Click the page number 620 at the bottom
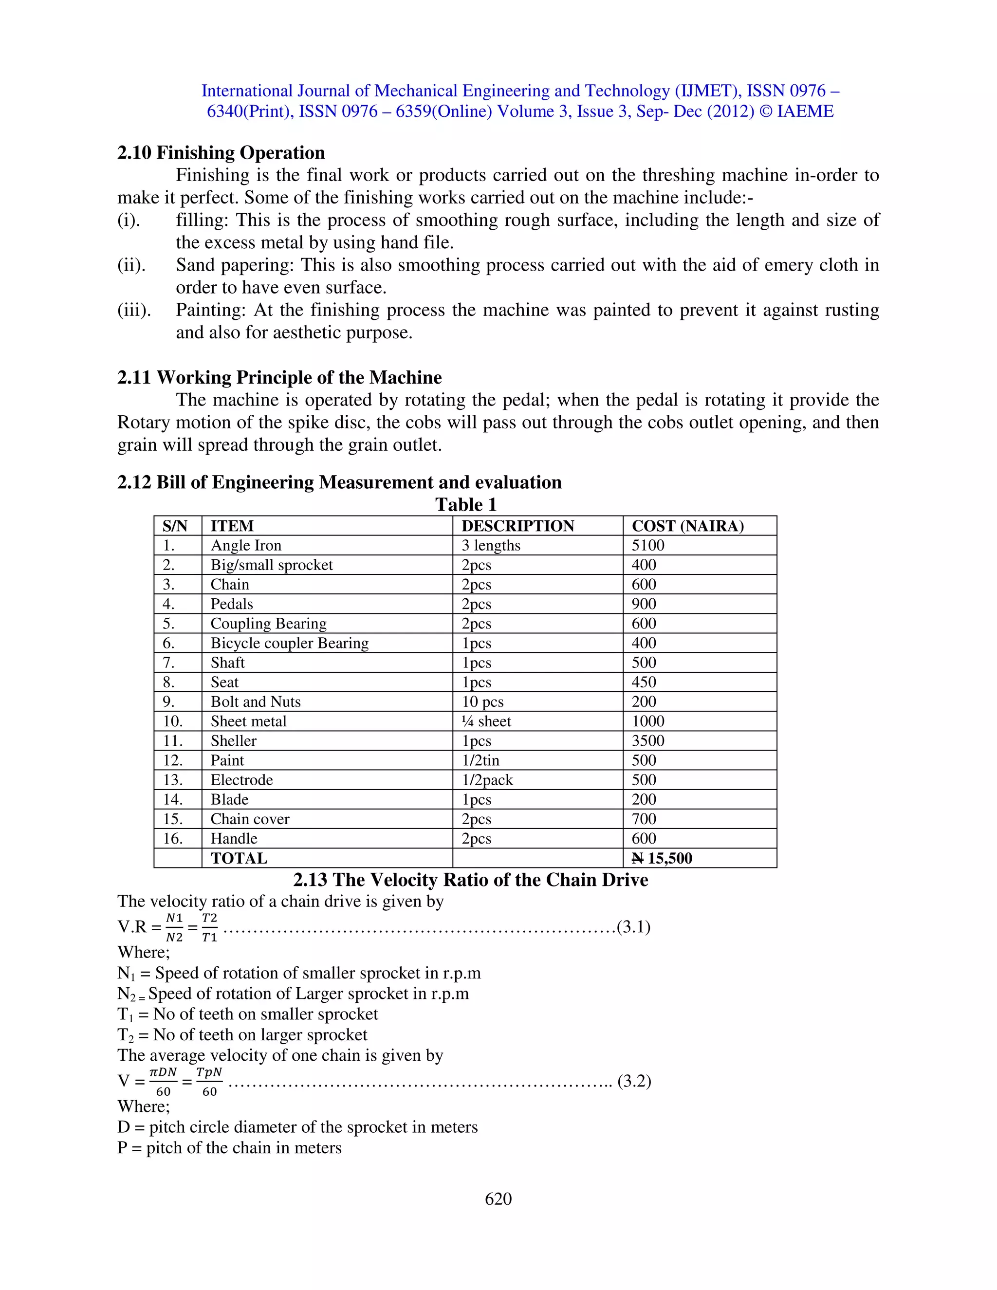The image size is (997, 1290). click(x=498, y=1198)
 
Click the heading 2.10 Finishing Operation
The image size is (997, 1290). click(x=221, y=152)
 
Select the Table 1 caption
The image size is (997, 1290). click(x=465, y=504)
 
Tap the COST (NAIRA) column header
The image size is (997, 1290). click(x=687, y=526)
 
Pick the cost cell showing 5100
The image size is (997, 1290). click(x=648, y=545)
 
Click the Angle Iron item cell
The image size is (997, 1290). click(x=246, y=545)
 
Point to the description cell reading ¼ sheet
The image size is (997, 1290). click(x=486, y=721)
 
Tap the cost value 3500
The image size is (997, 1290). click(x=648, y=741)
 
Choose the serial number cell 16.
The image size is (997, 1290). click(x=172, y=839)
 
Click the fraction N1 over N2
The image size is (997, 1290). click(x=174, y=927)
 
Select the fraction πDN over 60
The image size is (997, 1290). click(x=163, y=1082)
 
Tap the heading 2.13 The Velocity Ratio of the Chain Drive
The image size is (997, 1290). click(x=470, y=880)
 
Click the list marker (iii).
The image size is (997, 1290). click(x=134, y=310)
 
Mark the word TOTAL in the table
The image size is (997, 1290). click(x=239, y=858)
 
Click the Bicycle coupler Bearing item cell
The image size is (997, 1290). click(x=290, y=643)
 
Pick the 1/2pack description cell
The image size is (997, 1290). click(x=487, y=780)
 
